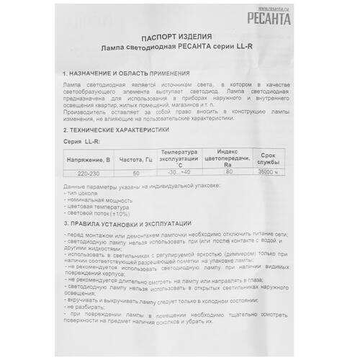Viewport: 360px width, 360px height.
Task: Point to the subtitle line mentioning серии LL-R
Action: (178, 47)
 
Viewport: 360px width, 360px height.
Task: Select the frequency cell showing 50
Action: (136, 174)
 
